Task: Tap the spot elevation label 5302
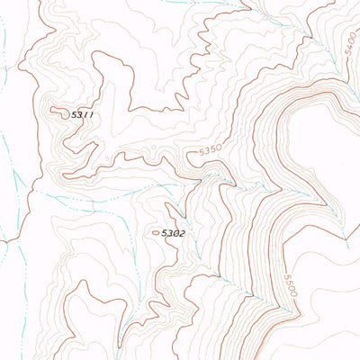174,233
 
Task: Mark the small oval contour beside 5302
156,232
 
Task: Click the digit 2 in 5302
182,233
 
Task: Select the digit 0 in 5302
176,233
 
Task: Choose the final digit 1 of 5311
92,115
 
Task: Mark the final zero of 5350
219,148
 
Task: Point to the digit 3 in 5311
81,115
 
